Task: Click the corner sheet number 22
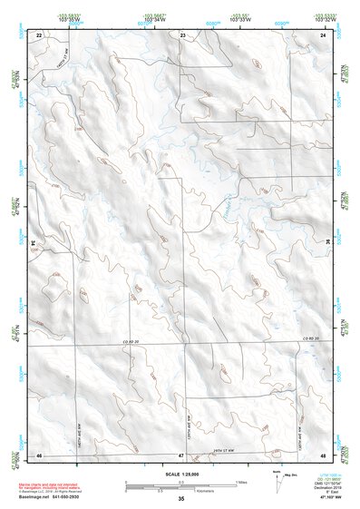coord(39,34)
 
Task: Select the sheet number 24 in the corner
coord(324,34)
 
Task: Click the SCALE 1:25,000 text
coord(181,475)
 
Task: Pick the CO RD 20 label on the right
coord(310,338)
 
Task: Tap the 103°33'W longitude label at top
coord(239,19)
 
